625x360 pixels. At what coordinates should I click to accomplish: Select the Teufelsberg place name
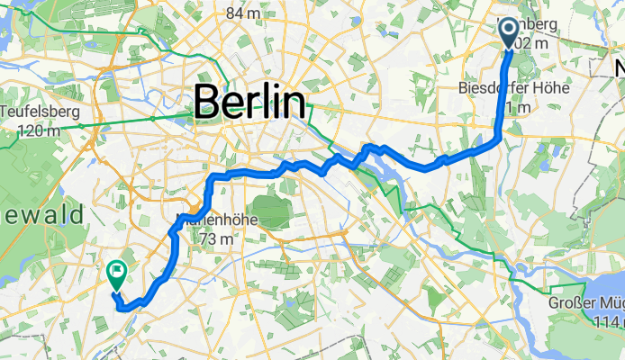tap(41, 112)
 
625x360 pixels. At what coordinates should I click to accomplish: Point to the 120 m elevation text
tap(39, 130)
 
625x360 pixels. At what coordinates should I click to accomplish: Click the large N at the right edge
tap(619, 70)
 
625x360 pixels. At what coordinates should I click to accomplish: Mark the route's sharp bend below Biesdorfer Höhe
tap(499, 138)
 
